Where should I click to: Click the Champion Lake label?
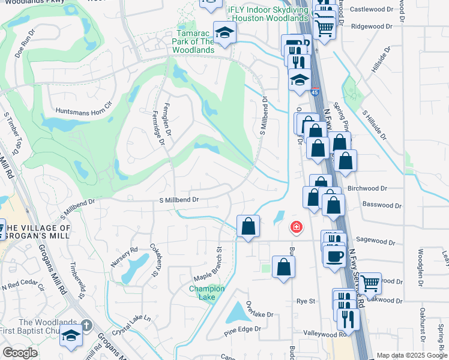[207, 293]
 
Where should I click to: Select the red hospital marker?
[296, 227]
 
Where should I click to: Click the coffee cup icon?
[334, 255]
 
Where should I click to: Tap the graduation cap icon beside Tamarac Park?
[224, 32]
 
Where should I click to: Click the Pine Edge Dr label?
[243, 329]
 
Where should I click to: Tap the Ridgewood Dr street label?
[372, 26]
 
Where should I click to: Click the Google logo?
[20, 353]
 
